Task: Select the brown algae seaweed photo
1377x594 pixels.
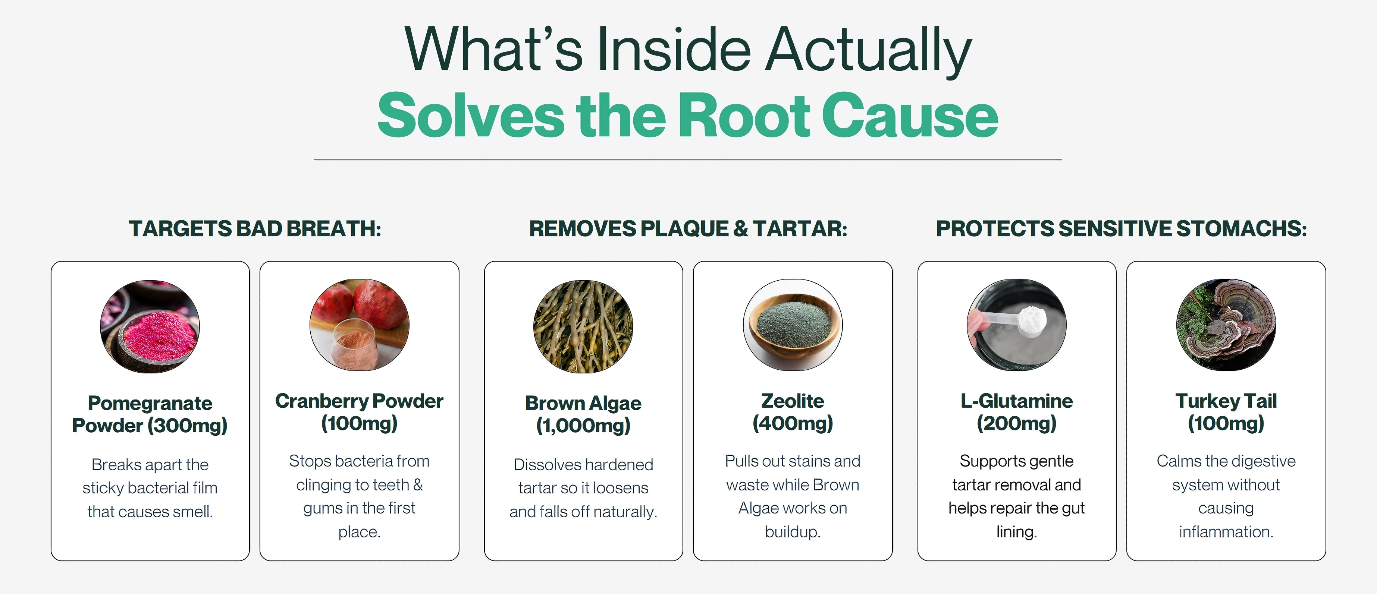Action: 583,326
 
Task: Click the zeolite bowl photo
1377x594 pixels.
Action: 793,325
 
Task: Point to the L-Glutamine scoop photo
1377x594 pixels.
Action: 1017,325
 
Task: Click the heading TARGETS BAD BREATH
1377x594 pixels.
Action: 255,229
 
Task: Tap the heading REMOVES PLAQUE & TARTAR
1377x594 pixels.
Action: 688,229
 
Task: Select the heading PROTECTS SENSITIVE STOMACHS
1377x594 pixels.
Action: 1122,229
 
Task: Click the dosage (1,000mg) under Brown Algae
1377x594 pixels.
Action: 583,426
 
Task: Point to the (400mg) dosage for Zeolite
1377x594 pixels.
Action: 793,424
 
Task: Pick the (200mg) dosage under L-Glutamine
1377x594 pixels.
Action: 1017,424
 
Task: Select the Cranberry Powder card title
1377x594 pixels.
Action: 359,401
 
